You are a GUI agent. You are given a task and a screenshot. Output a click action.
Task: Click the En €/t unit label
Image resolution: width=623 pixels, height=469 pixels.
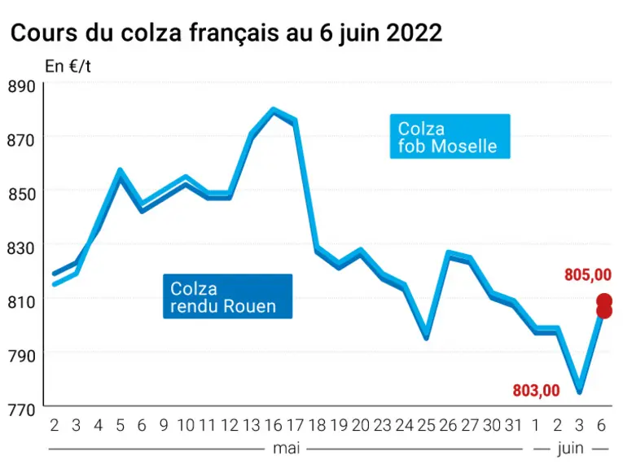68,66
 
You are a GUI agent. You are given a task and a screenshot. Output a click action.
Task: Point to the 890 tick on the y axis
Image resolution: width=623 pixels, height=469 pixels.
21,86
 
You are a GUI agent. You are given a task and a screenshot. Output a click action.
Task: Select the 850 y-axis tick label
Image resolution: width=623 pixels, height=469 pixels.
21,194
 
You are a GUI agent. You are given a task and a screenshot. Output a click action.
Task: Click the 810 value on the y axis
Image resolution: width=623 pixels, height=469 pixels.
21,302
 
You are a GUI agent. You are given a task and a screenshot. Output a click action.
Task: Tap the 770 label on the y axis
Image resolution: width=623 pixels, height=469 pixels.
21,410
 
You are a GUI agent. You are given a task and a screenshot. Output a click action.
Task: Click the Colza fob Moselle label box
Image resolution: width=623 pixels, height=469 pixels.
450,137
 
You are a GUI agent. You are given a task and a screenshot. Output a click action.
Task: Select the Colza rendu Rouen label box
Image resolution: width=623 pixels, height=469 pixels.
228,296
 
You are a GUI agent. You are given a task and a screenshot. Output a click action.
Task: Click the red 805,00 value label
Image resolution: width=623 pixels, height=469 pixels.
588,275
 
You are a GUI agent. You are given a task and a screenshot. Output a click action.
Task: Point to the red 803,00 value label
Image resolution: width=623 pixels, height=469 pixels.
536,391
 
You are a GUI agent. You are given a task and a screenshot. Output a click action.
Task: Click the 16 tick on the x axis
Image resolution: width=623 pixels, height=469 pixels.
273,425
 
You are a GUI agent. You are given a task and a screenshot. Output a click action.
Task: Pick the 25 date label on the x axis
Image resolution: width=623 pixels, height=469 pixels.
426,425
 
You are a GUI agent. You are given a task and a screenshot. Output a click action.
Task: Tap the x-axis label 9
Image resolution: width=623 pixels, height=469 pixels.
164,425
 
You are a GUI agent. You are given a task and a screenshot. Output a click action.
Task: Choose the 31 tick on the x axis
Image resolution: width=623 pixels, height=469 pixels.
513,425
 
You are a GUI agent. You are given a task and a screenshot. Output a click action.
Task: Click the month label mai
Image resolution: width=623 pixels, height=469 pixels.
286,449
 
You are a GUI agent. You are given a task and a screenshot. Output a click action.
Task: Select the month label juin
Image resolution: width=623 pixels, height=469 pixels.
571,449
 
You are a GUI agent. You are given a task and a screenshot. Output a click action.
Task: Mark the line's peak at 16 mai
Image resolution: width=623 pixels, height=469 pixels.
273,110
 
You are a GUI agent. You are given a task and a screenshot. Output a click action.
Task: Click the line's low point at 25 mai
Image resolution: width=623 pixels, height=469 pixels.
426,335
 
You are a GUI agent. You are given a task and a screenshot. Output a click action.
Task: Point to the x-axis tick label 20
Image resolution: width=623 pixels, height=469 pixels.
361,425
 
